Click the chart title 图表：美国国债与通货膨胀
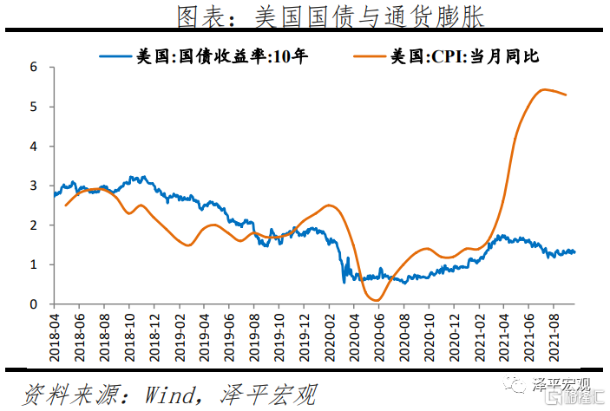coord(330,16)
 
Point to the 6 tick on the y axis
coord(34,67)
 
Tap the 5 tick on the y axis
coord(34,107)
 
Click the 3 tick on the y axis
coord(34,186)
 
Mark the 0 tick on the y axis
coord(34,304)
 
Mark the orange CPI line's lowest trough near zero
coord(377,300)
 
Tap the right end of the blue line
coord(574,251)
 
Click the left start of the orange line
coord(65,205)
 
